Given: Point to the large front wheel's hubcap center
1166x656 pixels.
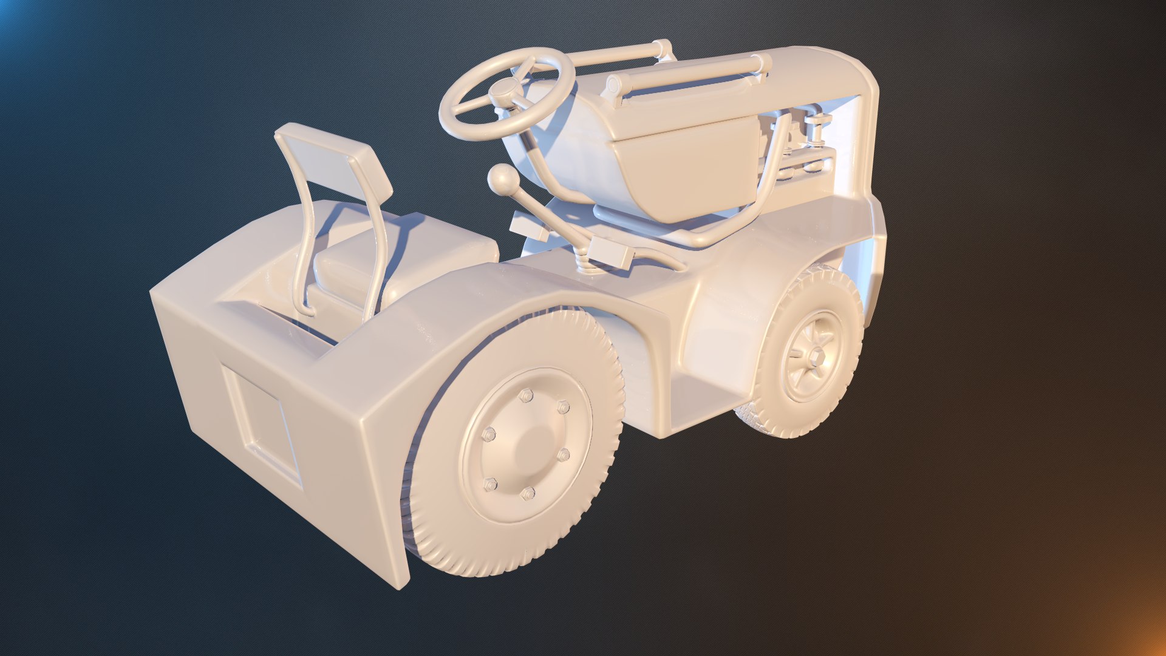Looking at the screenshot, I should [526, 446].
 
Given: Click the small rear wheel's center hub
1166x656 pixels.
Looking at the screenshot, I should [813, 355].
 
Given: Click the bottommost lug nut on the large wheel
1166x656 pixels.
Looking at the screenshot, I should [528, 493].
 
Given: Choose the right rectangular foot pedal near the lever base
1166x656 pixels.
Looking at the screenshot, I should [611, 251].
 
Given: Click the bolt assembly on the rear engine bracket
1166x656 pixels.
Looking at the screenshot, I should [817, 131].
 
